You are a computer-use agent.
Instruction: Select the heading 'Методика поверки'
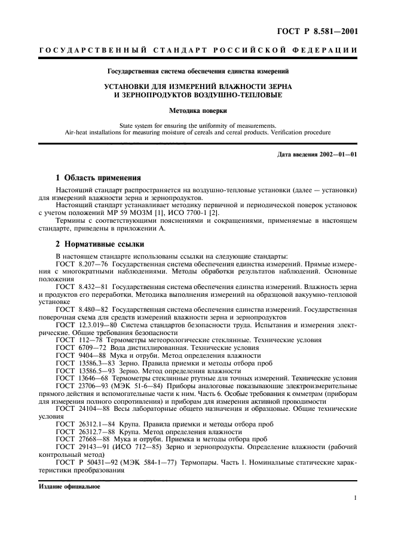point(197,110)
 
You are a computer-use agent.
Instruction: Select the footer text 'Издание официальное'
point(69,486)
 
